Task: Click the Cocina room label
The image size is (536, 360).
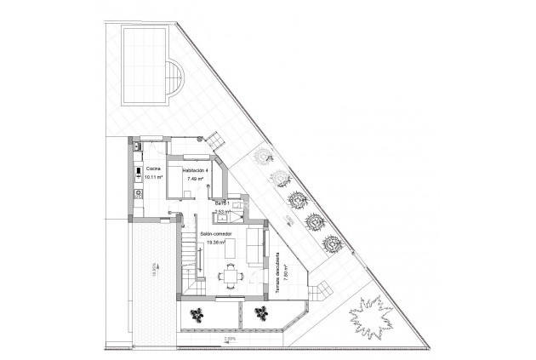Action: point(153,169)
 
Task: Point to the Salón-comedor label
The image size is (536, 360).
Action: point(216,233)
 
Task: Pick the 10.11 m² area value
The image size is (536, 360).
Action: point(154,179)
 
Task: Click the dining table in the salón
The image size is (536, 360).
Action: point(230,275)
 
